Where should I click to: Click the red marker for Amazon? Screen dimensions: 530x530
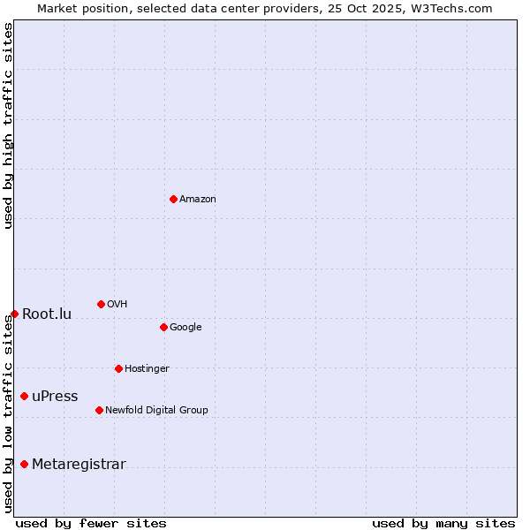[173, 199]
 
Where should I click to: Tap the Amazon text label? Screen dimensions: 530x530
[198, 200]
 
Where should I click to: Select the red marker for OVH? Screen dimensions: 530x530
[101, 304]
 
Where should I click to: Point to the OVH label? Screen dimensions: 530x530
[117, 305]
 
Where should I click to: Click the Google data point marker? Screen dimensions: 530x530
[163, 327]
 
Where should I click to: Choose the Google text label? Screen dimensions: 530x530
[185, 328]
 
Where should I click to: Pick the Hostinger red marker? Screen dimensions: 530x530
[118, 368]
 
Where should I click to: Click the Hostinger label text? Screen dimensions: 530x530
[147, 369]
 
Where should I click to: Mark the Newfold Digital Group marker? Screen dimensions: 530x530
[99, 410]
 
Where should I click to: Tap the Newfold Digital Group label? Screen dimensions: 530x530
[156, 411]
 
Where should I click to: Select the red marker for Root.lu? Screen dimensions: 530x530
[14, 314]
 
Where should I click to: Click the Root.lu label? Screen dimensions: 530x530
[47, 314]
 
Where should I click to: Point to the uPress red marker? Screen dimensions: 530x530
[24, 396]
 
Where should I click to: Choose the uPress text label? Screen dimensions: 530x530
[55, 397]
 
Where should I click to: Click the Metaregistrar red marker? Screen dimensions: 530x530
[24, 464]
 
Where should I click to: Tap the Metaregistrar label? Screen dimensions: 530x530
[79, 465]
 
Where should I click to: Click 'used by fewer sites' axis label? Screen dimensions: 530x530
[91, 524]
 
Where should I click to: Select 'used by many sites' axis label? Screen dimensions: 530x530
[443, 524]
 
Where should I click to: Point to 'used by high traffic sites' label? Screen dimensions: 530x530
[8, 125]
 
